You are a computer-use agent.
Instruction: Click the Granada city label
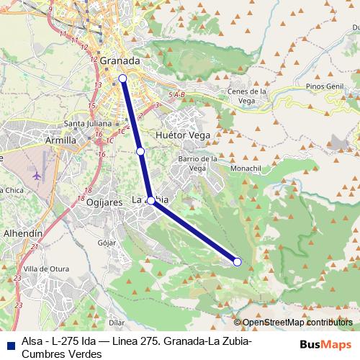[120, 61]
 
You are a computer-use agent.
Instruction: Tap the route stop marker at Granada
[122, 78]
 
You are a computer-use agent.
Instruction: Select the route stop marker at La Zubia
[151, 200]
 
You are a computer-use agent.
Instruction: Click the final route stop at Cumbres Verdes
[238, 261]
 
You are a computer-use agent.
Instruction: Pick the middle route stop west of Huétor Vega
[140, 151]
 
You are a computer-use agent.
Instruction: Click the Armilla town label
[60, 140]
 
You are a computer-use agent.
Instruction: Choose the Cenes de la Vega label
[248, 96]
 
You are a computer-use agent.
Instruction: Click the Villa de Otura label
[45, 269]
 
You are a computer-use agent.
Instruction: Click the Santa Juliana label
[86, 122]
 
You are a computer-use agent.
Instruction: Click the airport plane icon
[37, 174]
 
